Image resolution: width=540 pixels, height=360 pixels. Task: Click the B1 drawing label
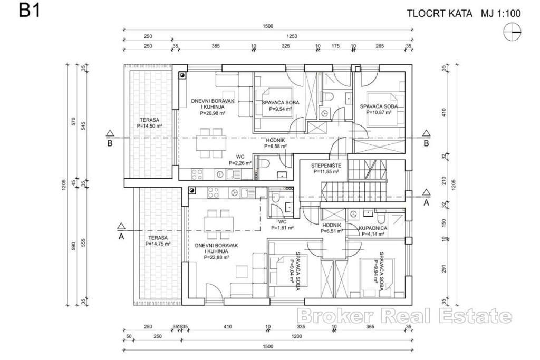pyautogui.click(x=30, y=11)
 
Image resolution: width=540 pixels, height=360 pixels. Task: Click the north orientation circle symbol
pyautogui.click(x=513, y=33)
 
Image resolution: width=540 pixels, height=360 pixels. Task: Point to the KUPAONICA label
pyautogui.click(x=373, y=228)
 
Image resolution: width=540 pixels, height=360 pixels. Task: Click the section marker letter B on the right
pyautogui.click(x=426, y=142)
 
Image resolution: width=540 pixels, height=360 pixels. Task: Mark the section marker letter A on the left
pyautogui.click(x=121, y=236)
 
